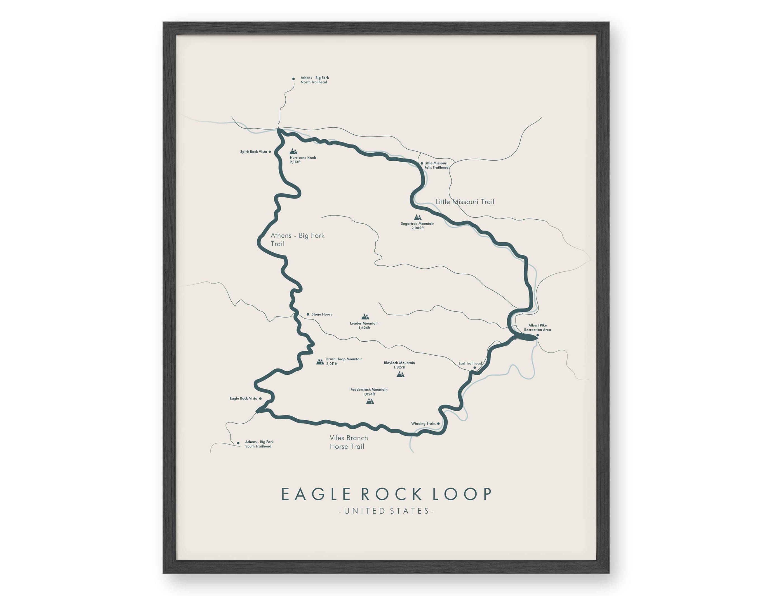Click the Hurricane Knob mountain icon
coord(293,151)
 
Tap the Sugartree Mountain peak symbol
coord(417,217)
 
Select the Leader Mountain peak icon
coord(365,317)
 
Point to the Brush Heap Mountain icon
coord(320,362)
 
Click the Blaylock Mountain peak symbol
coord(401,374)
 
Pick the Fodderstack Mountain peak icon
coord(370,401)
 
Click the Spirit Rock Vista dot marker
coord(270,152)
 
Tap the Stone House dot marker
coord(308,314)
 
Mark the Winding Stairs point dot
coord(438,423)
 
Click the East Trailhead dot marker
coord(475,367)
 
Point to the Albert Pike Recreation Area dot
coord(538,335)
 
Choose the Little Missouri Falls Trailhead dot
coord(422,163)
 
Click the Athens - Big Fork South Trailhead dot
coord(238,443)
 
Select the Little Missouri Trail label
coord(465,201)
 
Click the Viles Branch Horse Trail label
coord(348,442)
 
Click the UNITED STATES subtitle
coord(387,511)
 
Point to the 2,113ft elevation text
coord(295,162)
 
